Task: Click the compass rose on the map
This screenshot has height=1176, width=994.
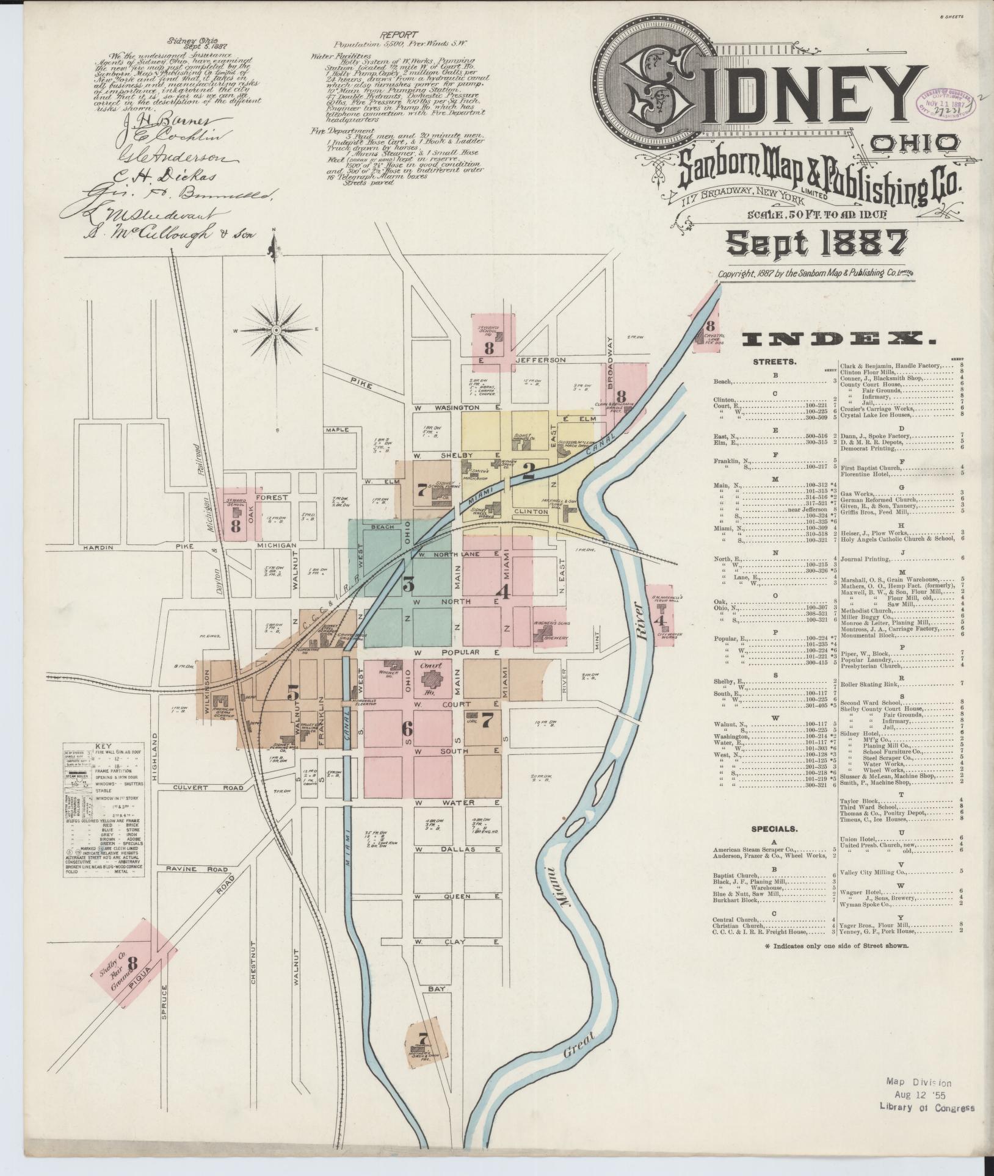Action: pos(275,330)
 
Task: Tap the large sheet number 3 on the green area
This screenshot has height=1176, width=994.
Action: pos(408,584)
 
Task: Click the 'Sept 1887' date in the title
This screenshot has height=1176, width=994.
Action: pos(816,243)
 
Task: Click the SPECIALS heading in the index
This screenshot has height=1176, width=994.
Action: pos(774,829)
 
